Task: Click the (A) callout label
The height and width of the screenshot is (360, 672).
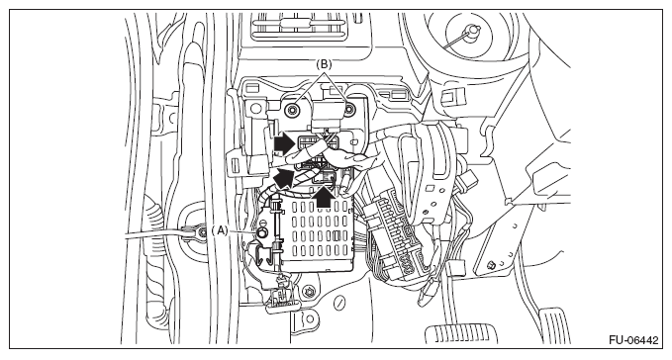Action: [x=221, y=230]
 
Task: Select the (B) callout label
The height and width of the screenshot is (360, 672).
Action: [x=324, y=64]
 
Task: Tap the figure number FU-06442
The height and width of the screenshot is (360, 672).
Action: [x=633, y=340]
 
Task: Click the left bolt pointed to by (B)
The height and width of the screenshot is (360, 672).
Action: [x=293, y=110]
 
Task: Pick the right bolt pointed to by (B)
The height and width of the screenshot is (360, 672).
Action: [x=349, y=110]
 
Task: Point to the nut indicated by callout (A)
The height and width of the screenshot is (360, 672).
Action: [x=261, y=232]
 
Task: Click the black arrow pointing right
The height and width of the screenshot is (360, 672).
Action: [x=284, y=143]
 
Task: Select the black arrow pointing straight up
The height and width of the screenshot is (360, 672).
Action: [x=324, y=197]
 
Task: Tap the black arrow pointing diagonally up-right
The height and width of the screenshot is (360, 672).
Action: [x=284, y=177]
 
